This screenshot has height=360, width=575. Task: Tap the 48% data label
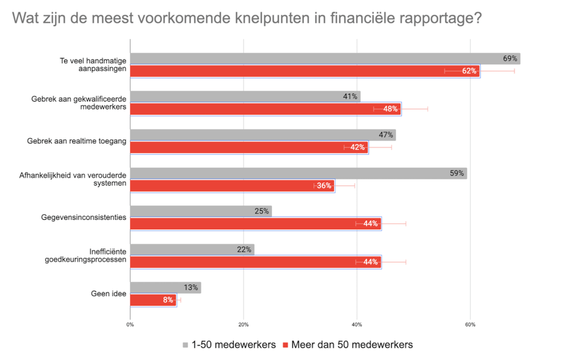click(x=390, y=109)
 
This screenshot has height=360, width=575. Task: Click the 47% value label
click(x=386, y=135)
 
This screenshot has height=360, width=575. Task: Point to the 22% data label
click(x=244, y=249)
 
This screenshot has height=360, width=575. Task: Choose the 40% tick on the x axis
click(x=357, y=324)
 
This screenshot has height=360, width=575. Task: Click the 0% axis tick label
click(x=130, y=324)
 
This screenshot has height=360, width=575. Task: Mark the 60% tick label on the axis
click(x=470, y=324)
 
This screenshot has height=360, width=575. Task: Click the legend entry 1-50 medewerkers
click(x=234, y=345)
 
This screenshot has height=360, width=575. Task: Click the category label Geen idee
click(x=108, y=294)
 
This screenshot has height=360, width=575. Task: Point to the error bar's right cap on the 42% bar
click(x=392, y=147)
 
